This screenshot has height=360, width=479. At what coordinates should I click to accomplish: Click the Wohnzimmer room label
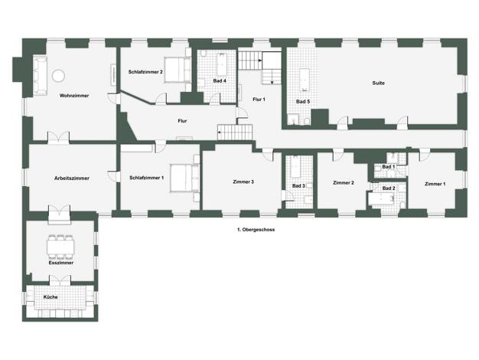click(74, 96)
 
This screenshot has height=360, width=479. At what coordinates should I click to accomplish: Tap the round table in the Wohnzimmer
click(58, 76)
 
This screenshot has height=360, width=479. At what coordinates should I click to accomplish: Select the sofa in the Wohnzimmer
click(40, 76)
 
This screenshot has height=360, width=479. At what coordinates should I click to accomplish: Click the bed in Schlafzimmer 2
click(174, 70)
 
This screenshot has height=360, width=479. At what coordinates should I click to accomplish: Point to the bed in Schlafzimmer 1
click(181, 178)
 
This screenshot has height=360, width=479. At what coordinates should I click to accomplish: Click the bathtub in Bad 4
click(222, 65)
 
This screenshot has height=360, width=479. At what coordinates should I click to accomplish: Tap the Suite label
click(379, 83)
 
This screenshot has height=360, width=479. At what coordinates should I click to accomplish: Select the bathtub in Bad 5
click(305, 80)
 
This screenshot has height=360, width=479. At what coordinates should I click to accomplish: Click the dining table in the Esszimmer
click(60, 247)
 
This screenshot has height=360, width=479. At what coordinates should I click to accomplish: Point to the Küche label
click(51, 297)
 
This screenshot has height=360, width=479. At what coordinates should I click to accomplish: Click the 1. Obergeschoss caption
click(256, 230)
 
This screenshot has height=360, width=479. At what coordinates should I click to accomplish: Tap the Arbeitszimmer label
click(72, 178)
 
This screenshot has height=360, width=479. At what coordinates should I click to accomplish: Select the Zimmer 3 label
click(243, 182)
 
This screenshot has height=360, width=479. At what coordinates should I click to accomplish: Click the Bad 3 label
click(298, 186)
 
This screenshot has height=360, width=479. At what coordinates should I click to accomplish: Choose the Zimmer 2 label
click(344, 183)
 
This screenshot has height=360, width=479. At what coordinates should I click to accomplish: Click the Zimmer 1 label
click(435, 184)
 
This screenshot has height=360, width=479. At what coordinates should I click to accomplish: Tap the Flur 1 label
click(259, 100)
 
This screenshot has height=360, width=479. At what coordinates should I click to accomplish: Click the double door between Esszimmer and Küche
click(60, 280)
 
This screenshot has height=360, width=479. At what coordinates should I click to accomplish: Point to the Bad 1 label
click(389, 167)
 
